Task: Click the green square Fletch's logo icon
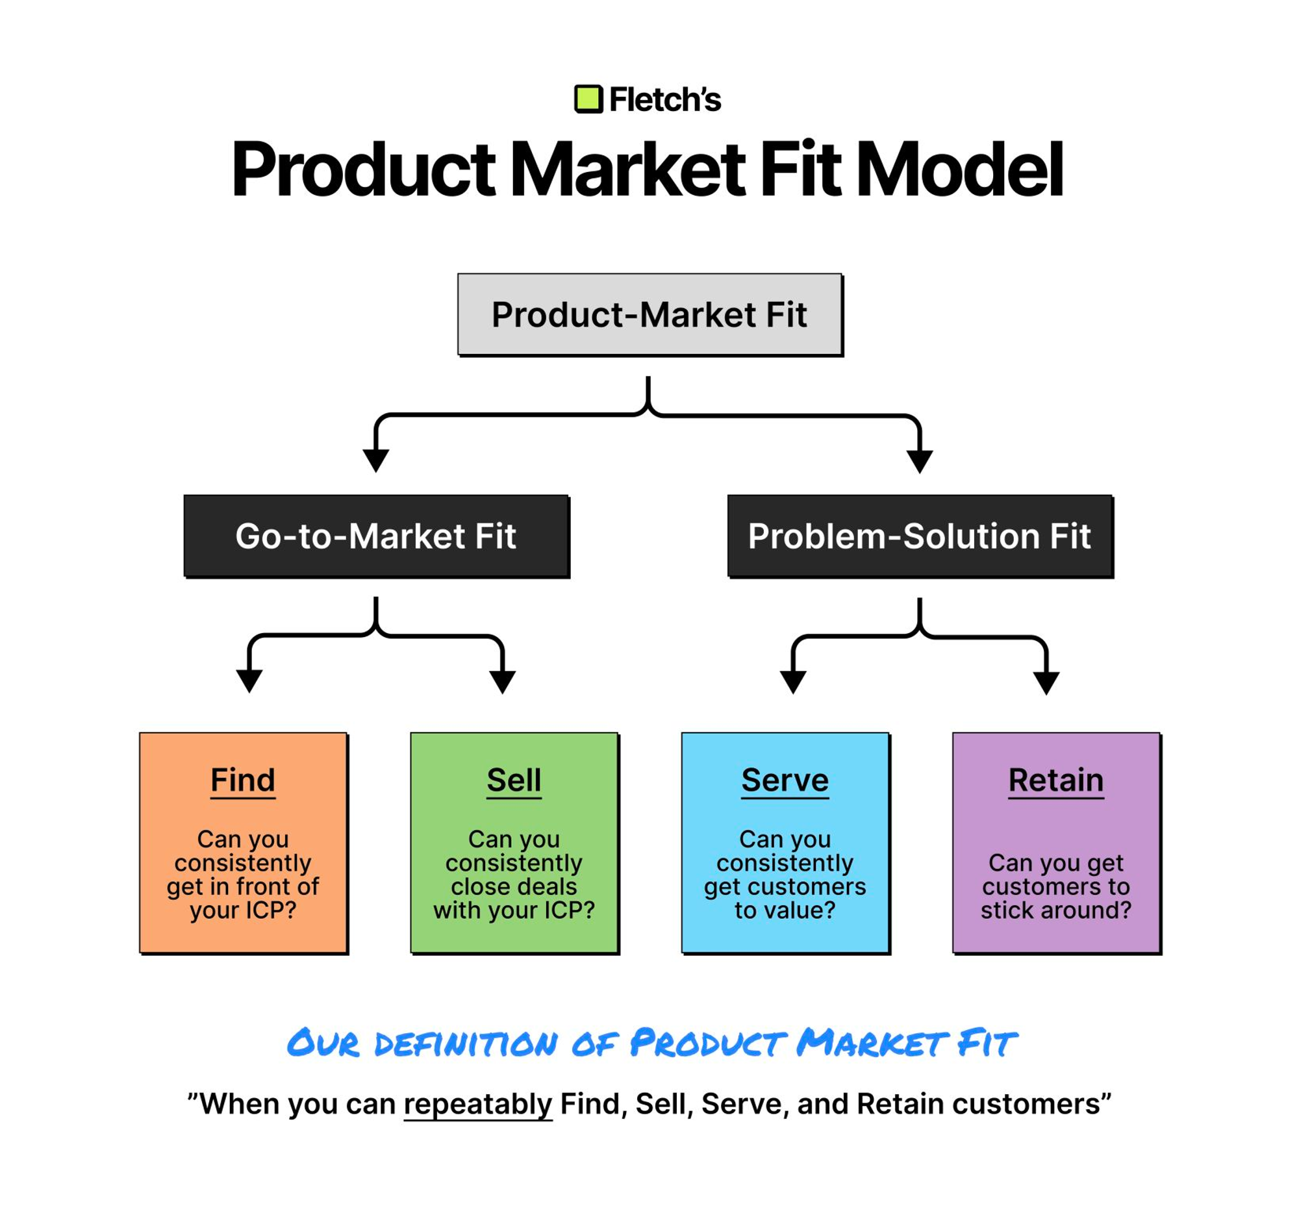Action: pos(588,99)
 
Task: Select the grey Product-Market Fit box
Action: pos(650,315)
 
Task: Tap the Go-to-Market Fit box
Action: pos(377,536)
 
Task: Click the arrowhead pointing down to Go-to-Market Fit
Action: pos(375,460)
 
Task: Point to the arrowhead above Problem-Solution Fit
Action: pos(920,461)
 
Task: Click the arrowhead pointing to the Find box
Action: pos(249,681)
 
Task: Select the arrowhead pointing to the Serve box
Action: pos(793,682)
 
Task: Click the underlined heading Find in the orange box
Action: pos(243,781)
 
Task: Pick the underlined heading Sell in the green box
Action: pos(514,781)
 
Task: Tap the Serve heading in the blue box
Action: pos(785,781)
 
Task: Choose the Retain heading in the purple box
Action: pos(1057,781)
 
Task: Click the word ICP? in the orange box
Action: pos(270,910)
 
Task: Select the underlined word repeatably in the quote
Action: pos(478,1105)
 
